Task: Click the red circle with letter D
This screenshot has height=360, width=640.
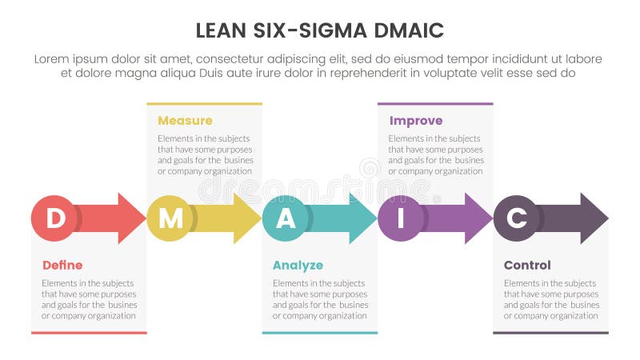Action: (x=54, y=218)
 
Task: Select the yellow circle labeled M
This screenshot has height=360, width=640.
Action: (x=170, y=218)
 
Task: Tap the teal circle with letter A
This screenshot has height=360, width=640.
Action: (x=285, y=218)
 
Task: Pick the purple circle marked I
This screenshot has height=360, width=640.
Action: (x=400, y=218)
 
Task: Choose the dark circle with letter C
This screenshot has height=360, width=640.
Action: (x=516, y=218)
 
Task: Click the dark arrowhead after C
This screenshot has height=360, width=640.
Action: (x=593, y=218)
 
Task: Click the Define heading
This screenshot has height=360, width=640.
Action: (x=62, y=266)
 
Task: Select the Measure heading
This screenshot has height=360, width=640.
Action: (x=185, y=121)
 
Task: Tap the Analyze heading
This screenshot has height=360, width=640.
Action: (x=298, y=266)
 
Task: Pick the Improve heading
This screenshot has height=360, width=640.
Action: (x=415, y=121)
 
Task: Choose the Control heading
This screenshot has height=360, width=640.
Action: (x=527, y=266)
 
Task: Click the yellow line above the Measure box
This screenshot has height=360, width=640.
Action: (x=204, y=104)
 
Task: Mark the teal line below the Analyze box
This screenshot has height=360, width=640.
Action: (x=319, y=332)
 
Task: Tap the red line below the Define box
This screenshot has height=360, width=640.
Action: (x=89, y=332)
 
